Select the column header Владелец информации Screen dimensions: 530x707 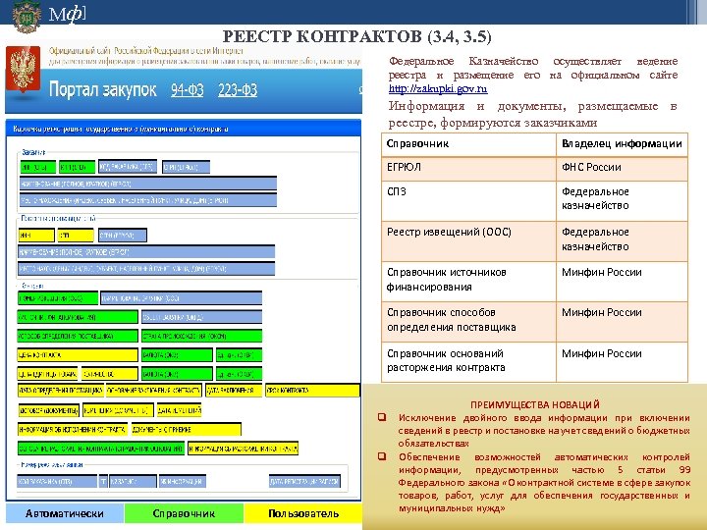(x=622, y=144)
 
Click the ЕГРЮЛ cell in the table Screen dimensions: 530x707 (x=405, y=168)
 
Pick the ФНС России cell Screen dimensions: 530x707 (x=591, y=168)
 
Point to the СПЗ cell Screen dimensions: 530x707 (x=398, y=191)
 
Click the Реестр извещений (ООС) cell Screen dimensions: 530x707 (x=450, y=233)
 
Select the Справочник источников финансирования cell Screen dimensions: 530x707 (x=447, y=280)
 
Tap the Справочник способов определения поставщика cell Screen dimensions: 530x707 (x=452, y=320)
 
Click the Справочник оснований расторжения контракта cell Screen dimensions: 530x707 (x=447, y=360)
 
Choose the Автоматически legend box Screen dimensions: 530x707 (x=64, y=513)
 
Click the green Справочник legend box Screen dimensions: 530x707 (x=184, y=513)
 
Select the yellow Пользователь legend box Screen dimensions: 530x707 (x=303, y=513)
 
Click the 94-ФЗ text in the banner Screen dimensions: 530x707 (x=190, y=90)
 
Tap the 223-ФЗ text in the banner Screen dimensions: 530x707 (x=238, y=90)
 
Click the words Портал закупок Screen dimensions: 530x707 (x=103, y=90)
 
